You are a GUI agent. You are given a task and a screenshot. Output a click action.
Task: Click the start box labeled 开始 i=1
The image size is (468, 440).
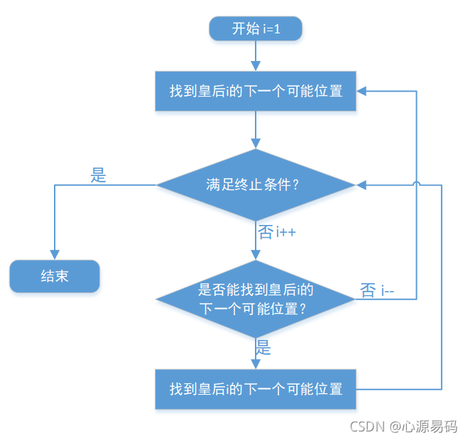click(x=256, y=29)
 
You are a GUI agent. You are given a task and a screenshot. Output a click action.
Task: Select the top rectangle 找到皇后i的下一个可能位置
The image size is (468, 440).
click(x=256, y=92)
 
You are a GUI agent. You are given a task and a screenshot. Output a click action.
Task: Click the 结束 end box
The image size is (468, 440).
click(x=55, y=276)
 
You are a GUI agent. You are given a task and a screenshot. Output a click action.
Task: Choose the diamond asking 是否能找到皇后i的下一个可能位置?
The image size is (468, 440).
click(x=256, y=299)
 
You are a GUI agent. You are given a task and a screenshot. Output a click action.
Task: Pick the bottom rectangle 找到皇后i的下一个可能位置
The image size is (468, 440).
click(x=256, y=389)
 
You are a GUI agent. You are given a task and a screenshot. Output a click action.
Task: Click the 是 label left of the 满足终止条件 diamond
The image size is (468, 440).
click(x=99, y=176)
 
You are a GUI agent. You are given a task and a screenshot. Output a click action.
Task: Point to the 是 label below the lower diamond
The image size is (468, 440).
click(x=263, y=348)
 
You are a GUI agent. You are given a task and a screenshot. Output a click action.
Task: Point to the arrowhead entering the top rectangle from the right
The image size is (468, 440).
click(x=361, y=92)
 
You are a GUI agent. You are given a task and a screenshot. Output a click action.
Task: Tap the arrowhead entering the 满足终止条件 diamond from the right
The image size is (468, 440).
click(x=361, y=185)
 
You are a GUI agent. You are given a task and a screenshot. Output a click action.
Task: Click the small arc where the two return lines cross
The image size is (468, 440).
click(x=416, y=185)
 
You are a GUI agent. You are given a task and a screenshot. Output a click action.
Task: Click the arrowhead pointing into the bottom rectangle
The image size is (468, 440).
click(x=256, y=364)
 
